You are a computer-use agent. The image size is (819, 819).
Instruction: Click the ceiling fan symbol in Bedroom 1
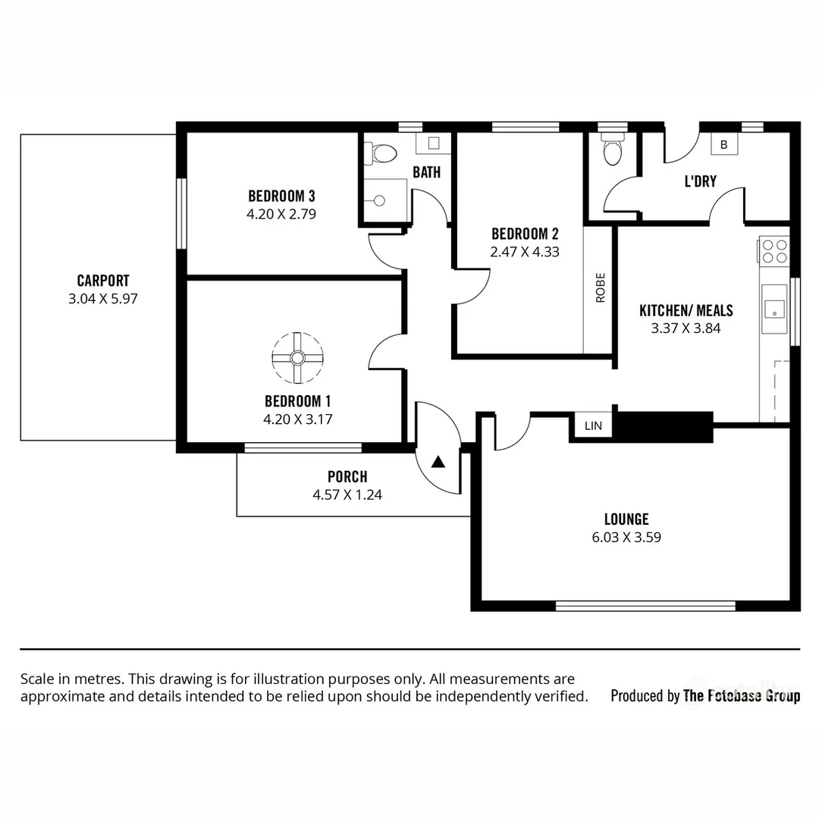click(x=297, y=357)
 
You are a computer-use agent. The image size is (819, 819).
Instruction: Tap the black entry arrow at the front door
click(x=439, y=460)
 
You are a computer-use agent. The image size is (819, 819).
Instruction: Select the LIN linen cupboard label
click(x=593, y=426)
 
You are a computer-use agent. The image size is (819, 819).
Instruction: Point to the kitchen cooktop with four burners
click(x=774, y=251)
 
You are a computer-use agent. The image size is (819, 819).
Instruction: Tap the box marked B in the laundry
click(x=723, y=144)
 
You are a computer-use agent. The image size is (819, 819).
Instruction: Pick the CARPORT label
click(x=102, y=281)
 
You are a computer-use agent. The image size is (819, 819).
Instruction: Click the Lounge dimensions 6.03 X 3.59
click(x=626, y=537)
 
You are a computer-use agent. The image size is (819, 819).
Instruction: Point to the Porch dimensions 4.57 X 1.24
click(x=347, y=494)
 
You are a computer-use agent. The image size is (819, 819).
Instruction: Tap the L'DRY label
click(x=700, y=182)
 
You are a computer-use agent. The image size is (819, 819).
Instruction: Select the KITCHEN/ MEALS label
click(x=686, y=311)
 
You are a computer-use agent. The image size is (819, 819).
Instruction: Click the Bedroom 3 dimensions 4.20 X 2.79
click(x=281, y=215)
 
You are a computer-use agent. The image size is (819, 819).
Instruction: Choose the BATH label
click(x=426, y=173)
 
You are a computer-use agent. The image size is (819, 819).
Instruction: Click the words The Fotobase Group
click(x=741, y=695)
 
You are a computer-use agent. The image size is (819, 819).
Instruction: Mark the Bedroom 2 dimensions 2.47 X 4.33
click(x=525, y=252)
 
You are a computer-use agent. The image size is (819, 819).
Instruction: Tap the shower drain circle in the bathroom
click(x=379, y=200)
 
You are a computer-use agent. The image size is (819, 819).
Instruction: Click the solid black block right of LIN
click(x=662, y=426)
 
